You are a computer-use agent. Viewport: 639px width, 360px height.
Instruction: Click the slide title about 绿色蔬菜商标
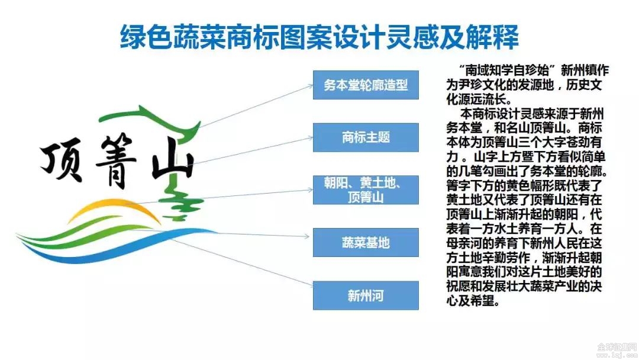319,37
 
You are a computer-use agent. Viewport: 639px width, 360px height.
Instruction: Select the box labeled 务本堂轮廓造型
366,85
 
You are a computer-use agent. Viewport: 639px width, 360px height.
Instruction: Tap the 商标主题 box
366,137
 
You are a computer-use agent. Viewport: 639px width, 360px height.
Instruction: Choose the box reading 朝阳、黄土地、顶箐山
366,190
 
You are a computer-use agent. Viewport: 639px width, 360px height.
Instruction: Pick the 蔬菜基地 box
366,243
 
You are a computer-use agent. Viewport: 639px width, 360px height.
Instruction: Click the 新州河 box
366,295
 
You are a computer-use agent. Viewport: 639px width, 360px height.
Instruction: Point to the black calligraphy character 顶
62,159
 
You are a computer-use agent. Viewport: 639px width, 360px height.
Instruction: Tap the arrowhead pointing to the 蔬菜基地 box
306,236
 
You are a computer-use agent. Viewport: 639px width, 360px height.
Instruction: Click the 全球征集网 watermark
617,347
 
